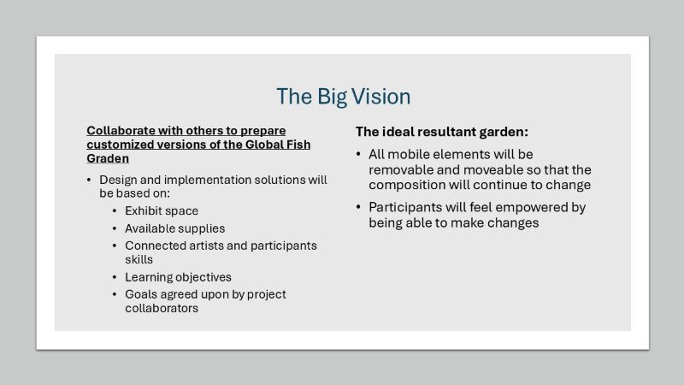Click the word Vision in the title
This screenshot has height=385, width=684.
380,97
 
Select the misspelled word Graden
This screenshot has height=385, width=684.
108,158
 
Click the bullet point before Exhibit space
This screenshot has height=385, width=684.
115,211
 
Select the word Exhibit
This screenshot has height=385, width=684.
140,210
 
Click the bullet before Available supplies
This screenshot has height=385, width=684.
115,228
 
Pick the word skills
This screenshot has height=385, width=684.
139,259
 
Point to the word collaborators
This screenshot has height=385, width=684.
162,308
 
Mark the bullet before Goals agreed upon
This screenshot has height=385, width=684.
115,294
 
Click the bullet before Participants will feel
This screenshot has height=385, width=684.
358,207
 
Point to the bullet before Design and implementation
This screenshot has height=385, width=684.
89,180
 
